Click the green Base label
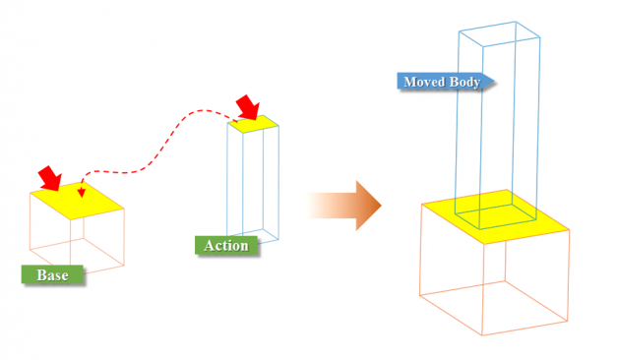(52, 274)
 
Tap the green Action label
(225, 245)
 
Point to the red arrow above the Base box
(49, 179)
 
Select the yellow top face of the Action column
(254, 123)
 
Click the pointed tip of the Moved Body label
(491, 83)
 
